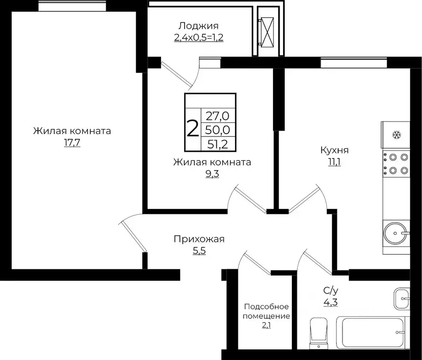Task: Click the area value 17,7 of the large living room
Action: [72, 143]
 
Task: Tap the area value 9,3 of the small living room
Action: [212, 174]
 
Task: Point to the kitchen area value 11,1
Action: [334, 162]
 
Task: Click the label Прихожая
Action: [199, 239]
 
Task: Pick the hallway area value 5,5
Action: [199, 251]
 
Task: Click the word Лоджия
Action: [199, 26]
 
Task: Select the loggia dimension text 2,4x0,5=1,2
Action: [199, 38]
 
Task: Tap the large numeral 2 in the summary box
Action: [192, 128]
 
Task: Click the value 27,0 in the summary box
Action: [218, 114]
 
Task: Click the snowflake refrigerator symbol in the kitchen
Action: [396, 135]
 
